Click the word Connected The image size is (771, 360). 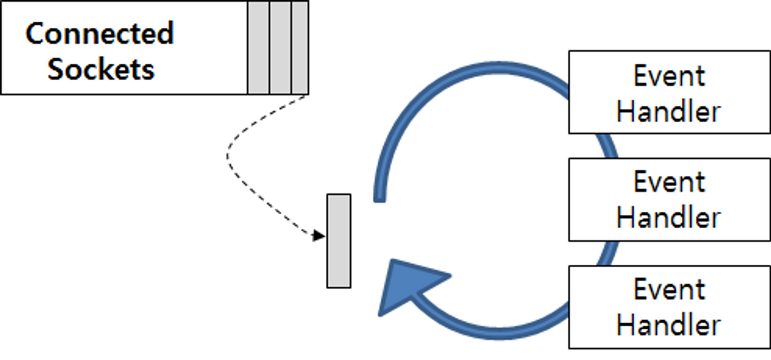[99, 33]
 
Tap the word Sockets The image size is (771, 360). [101, 69]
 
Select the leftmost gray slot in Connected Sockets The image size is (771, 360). [258, 48]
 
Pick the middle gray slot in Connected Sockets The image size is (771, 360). [280, 48]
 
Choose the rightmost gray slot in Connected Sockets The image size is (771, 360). [300, 48]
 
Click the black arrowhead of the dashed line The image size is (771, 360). [319, 235]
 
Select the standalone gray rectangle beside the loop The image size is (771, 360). [339, 241]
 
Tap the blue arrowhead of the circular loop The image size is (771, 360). [407, 286]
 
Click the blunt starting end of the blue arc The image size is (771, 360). [379, 196]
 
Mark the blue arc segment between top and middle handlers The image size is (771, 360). [608, 145]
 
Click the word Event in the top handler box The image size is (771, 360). [669, 76]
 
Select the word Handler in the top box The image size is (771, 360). [669, 112]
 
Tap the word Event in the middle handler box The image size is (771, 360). [669, 182]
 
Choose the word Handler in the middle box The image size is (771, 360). [669, 218]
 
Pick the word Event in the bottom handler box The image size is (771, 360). [669, 290]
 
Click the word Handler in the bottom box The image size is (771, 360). [669, 326]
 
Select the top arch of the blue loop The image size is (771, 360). [482, 66]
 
